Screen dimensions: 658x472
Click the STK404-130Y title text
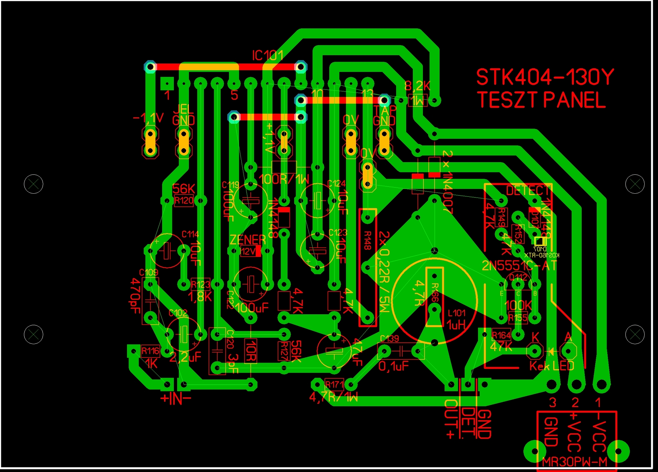pos(545,77)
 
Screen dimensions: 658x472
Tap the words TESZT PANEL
pos(541,100)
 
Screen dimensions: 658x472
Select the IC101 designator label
pos(268,56)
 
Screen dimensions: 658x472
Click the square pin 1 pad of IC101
pos(167,83)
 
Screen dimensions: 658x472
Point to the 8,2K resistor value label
pos(417,86)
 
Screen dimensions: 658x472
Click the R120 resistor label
pos(184,201)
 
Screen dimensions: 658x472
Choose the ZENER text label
pos(248,240)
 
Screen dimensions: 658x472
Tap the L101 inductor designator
pos(457,313)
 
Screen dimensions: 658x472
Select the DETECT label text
pos(528,191)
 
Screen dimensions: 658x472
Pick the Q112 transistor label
pos(518,277)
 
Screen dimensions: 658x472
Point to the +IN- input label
pos(175,399)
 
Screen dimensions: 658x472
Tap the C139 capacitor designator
pos(390,339)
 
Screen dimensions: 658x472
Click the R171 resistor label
pos(334,385)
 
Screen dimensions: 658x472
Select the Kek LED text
pos(551,366)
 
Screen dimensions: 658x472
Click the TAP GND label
pos(384,116)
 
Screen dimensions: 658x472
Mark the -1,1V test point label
pos(148,118)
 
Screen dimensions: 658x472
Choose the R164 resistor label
pos(501,335)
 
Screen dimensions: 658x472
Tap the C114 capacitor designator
pos(190,234)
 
